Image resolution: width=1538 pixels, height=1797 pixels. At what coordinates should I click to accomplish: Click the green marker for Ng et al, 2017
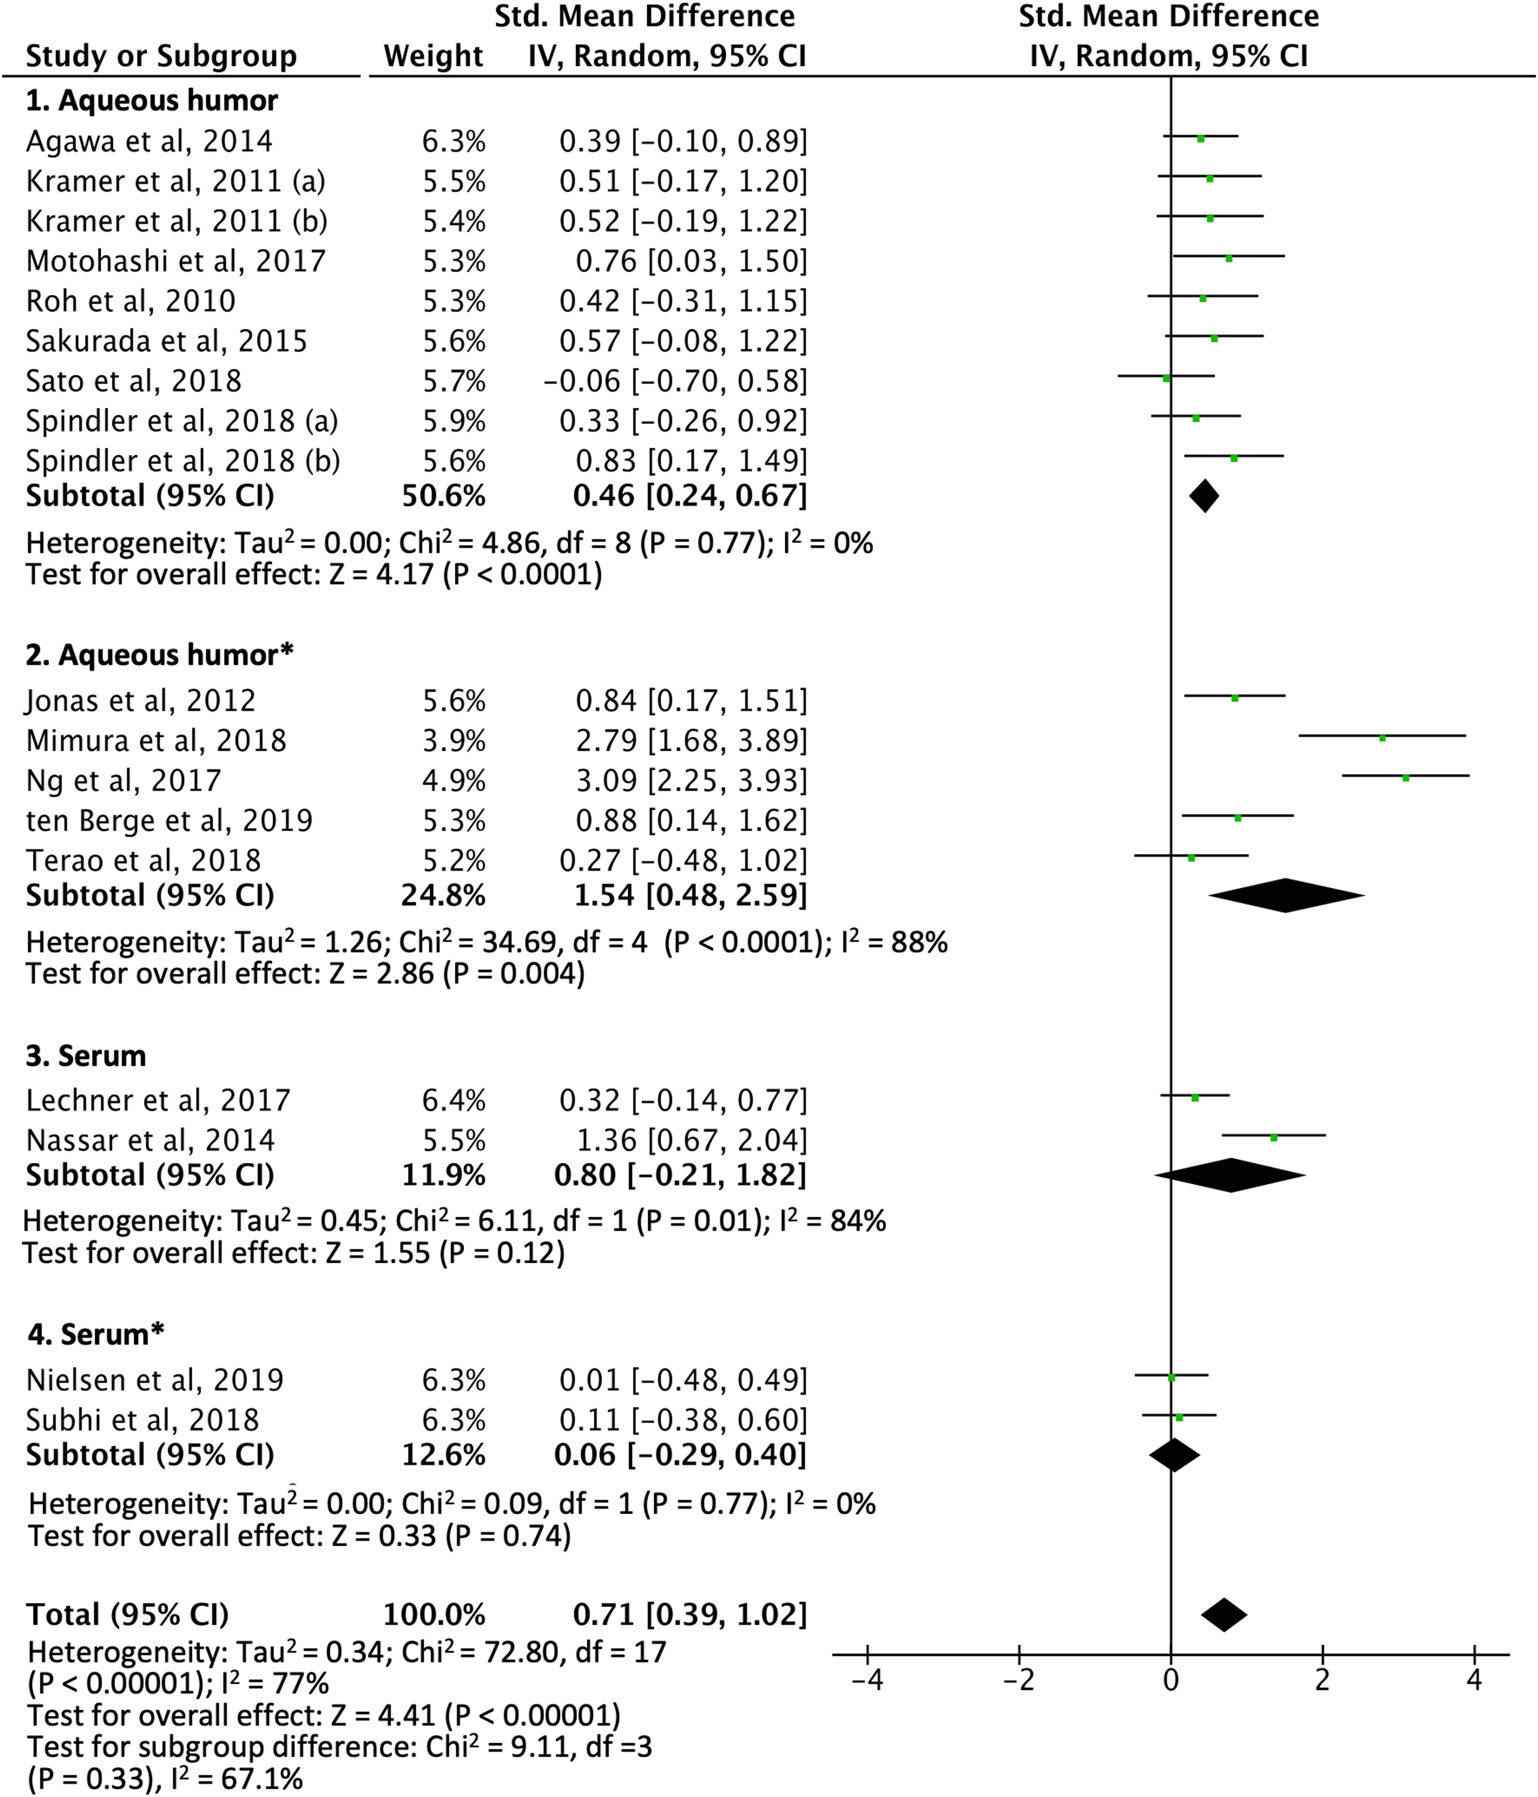(x=1405, y=778)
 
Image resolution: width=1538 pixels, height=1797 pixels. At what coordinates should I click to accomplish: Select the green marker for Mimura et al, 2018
(x=1383, y=738)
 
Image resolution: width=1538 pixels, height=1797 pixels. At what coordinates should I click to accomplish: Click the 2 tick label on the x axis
(x=1322, y=1680)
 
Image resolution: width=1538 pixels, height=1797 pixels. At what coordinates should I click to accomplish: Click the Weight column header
(x=433, y=56)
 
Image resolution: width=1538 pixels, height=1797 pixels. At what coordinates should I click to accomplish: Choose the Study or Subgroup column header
(x=161, y=56)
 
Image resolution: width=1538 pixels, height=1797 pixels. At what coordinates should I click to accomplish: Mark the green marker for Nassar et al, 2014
(x=1274, y=1137)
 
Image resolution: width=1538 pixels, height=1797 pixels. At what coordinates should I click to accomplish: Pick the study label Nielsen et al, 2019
(x=155, y=1380)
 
